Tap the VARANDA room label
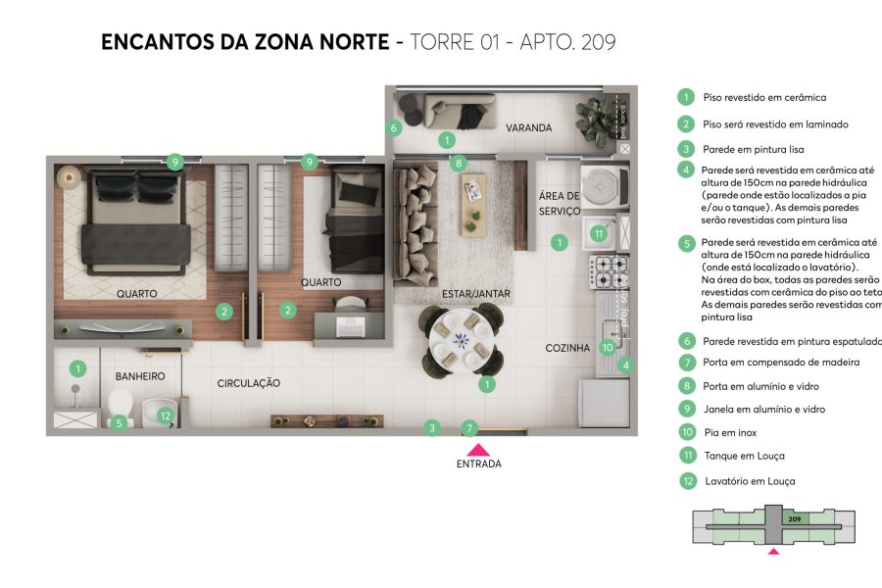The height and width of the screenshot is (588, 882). tap(528, 128)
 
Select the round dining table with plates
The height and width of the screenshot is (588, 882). tap(461, 341)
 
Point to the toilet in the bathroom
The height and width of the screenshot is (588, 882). tap(121, 406)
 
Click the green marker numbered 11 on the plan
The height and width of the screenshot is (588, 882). tap(599, 233)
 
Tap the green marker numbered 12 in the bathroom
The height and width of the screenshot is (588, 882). tap(166, 415)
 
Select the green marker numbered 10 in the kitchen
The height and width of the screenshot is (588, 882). tap(607, 346)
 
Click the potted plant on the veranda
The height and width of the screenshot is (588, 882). tap(594, 120)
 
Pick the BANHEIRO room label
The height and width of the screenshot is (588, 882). tap(139, 376)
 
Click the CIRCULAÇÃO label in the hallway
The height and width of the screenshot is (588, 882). tap(249, 383)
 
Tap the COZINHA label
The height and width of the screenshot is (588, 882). tap(567, 348)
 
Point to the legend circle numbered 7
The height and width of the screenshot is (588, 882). tap(688, 363)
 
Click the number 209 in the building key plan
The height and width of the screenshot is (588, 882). tap(795, 518)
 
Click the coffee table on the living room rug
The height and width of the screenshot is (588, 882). tap(474, 199)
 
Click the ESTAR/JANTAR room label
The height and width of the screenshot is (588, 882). tap(477, 294)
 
